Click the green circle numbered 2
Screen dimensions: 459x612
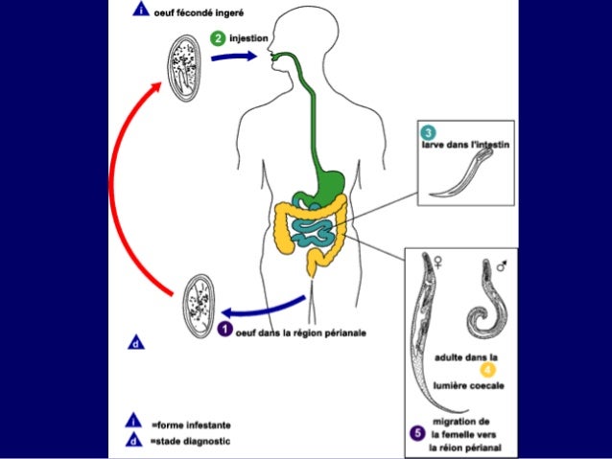pyautogui.click(x=218, y=37)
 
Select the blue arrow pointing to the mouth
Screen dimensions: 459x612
pyautogui.click(x=234, y=57)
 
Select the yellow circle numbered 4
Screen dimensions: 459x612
pyautogui.click(x=487, y=370)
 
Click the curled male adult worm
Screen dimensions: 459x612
pyautogui.click(x=484, y=307)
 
